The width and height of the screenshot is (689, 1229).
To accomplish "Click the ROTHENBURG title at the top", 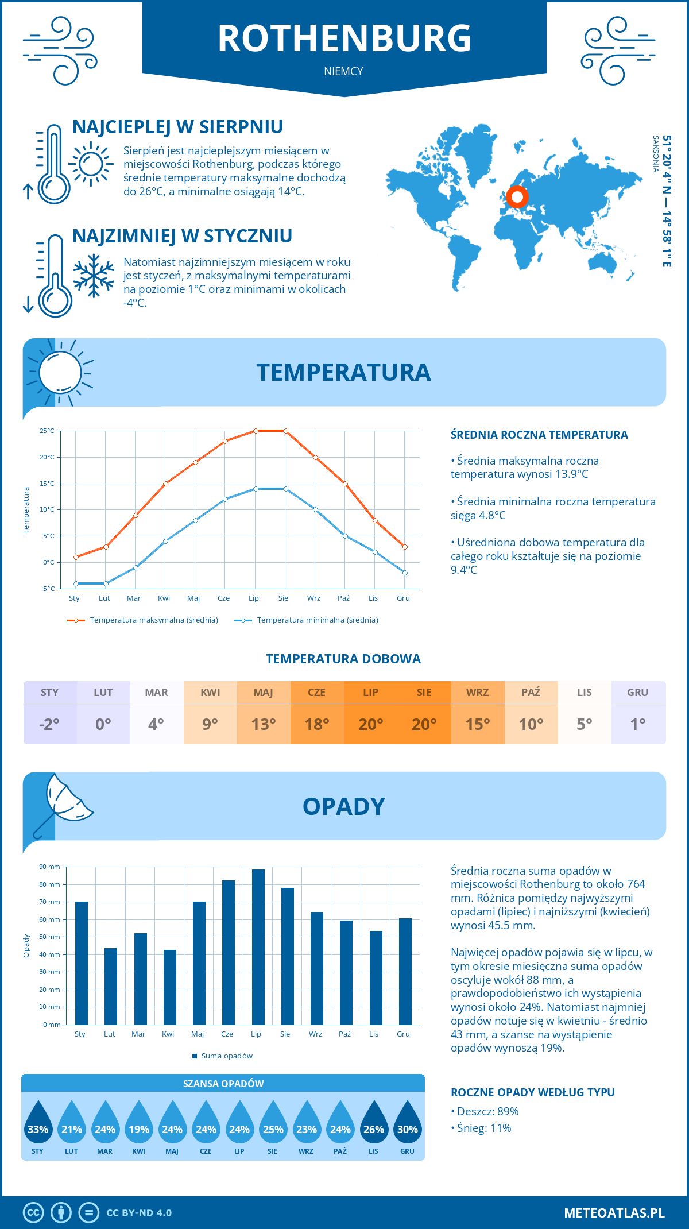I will [x=344, y=38].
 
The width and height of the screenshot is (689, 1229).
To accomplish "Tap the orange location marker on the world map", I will [x=517, y=197].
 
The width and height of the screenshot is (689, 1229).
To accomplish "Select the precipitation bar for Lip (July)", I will [x=258, y=947].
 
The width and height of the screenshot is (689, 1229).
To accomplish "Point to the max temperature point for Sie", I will [x=285, y=431].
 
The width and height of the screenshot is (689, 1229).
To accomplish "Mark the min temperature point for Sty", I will [x=76, y=583].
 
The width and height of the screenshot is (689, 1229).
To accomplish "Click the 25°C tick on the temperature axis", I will [x=47, y=431].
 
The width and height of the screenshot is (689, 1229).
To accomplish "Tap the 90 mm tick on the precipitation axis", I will [x=50, y=867].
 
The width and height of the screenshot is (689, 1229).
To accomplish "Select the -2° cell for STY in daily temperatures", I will [x=50, y=724].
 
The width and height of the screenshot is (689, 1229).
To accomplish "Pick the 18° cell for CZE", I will [x=317, y=724].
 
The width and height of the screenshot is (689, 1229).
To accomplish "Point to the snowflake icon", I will [x=94, y=276].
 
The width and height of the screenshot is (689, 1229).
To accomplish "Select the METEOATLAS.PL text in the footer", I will [x=614, y=1213].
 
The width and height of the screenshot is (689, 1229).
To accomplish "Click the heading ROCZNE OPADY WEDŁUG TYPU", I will [x=532, y=1092].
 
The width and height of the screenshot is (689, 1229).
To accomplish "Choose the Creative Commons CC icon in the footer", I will [x=33, y=1213].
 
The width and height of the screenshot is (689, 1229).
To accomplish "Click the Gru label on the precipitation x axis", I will [x=403, y=1034].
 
